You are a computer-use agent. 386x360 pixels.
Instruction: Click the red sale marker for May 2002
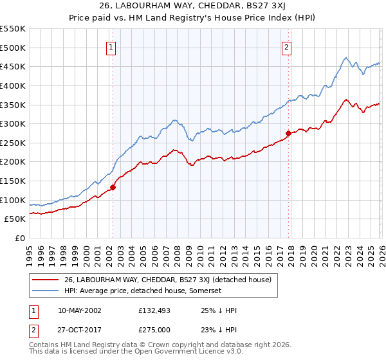[113, 188]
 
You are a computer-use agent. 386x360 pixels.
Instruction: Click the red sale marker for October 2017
[288, 133]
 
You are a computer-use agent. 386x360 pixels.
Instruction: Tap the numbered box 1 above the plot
[112, 46]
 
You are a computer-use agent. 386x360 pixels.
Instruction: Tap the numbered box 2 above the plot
[286, 46]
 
